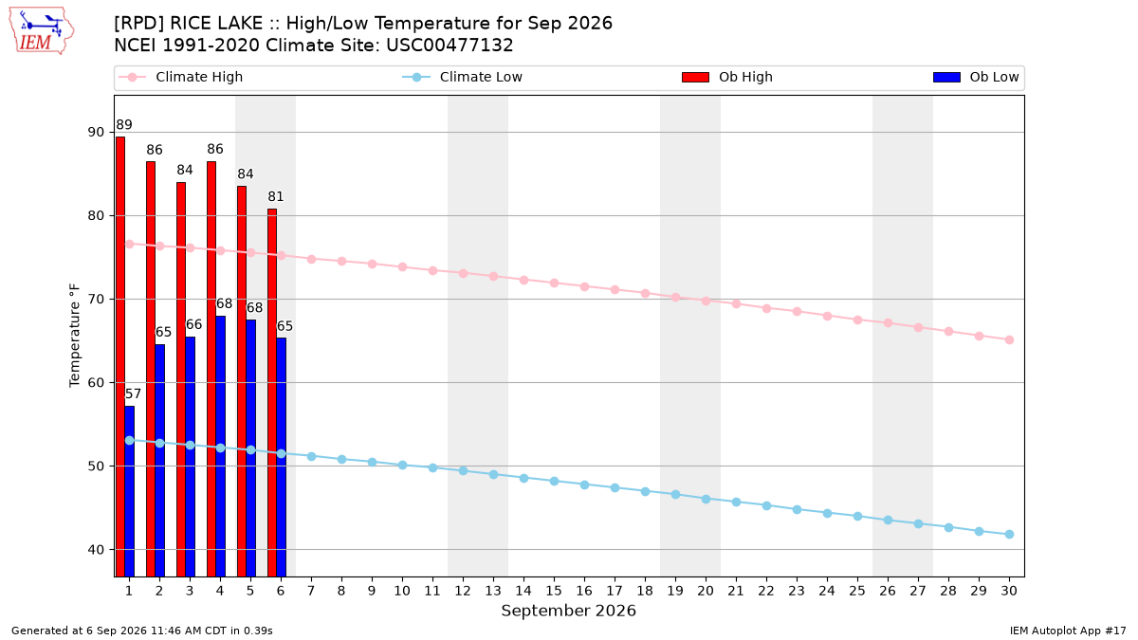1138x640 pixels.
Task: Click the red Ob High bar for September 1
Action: pyautogui.click(x=120, y=357)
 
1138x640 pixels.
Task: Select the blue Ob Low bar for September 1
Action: pyautogui.click(x=130, y=491)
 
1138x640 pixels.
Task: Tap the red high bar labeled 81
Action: pyautogui.click(x=272, y=393)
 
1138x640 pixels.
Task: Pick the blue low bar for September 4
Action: pyautogui.click(x=220, y=446)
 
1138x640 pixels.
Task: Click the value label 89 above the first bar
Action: pyautogui.click(x=124, y=125)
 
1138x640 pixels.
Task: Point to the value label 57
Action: pyautogui.click(x=133, y=393)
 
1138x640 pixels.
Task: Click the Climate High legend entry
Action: pyautogui.click(x=181, y=77)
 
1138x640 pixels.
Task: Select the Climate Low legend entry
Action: pyautogui.click(x=463, y=77)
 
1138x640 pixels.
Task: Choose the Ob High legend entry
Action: pyautogui.click(x=727, y=77)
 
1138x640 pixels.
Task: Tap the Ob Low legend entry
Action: pyautogui.click(x=976, y=77)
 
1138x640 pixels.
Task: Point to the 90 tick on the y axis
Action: pyautogui.click(x=96, y=132)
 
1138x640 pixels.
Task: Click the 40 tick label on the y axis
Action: pyautogui.click(x=96, y=550)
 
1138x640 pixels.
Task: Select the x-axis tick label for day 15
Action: pyautogui.click(x=554, y=591)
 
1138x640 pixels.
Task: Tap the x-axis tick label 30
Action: pyautogui.click(x=1009, y=591)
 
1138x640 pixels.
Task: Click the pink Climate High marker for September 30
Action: pyautogui.click(x=1009, y=339)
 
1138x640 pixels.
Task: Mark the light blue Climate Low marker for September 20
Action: pyautogui.click(x=706, y=500)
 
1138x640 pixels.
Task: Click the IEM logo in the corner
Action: pyautogui.click(x=41, y=31)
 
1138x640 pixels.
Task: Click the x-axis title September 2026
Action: pyautogui.click(x=568, y=611)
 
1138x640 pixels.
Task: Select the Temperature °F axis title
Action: pyautogui.click(x=75, y=336)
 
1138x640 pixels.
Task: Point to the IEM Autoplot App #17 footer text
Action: pyautogui.click(x=1068, y=631)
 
